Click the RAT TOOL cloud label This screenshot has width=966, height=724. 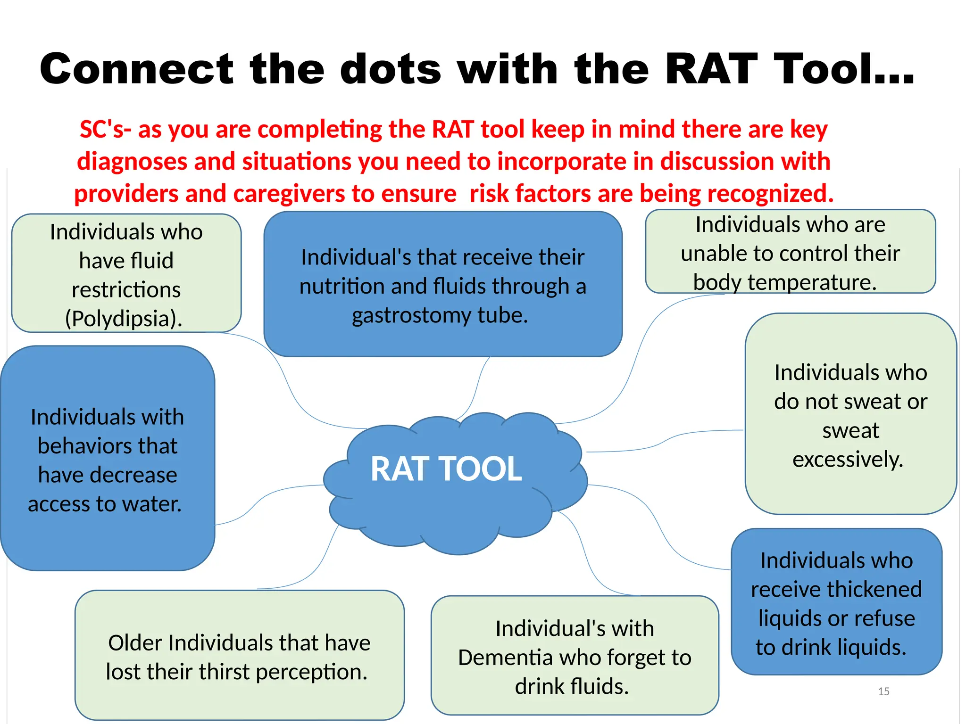[446, 469]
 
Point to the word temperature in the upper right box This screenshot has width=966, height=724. [811, 282]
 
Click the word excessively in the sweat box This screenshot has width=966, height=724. [848, 459]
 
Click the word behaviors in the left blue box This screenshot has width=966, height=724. [108, 446]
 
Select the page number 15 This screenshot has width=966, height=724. [883, 691]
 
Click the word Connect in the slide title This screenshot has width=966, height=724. [137, 69]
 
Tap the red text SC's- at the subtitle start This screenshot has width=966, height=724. [105, 129]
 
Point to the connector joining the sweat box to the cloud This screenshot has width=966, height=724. [665, 440]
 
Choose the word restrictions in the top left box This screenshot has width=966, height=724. [126, 290]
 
